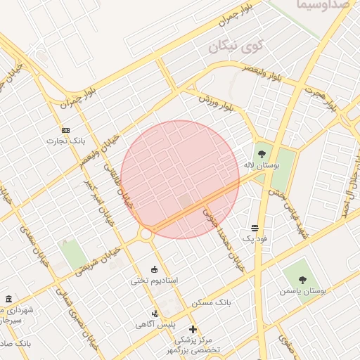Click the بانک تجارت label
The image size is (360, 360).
[x=66, y=141]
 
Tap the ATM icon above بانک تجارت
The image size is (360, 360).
[x=66, y=130]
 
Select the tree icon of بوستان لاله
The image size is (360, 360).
[x=262, y=153]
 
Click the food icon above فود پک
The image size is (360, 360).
[x=254, y=229]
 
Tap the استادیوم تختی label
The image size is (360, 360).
[x=155, y=280]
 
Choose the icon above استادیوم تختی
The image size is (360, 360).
[x=155, y=269]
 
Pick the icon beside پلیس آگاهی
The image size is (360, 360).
[x=155, y=314]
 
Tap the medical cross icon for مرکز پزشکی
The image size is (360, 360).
[x=193, y=329]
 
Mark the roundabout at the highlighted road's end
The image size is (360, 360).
[x=146, y=233]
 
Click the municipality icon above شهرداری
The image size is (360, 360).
[x=8, y=299]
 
